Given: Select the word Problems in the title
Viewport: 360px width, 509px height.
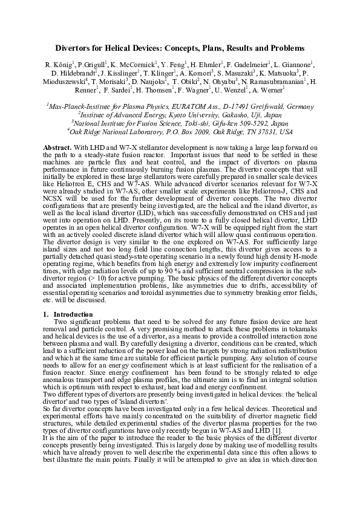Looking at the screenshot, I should pyautogui.click(x=283, y=47).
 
